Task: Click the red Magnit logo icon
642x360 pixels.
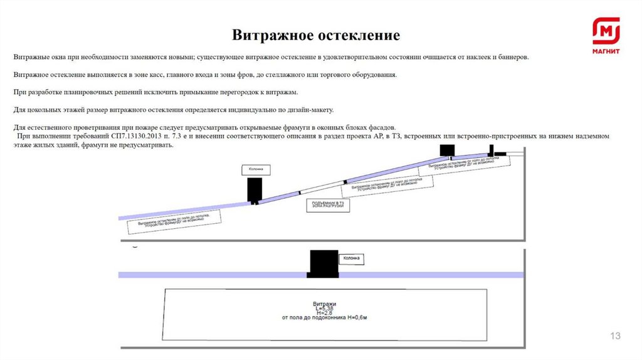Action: click(606, 31)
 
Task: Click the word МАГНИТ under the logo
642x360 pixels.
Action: click(606, 51)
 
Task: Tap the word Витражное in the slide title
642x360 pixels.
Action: click(270, 34)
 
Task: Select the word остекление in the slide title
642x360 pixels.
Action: click(359, 34)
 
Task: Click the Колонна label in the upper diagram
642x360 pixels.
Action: click(255, 169)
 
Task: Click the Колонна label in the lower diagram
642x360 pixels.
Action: click(351, 258)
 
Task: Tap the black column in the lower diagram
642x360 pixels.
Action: click(323, 263)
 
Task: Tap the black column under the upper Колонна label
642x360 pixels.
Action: click(255, 190)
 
